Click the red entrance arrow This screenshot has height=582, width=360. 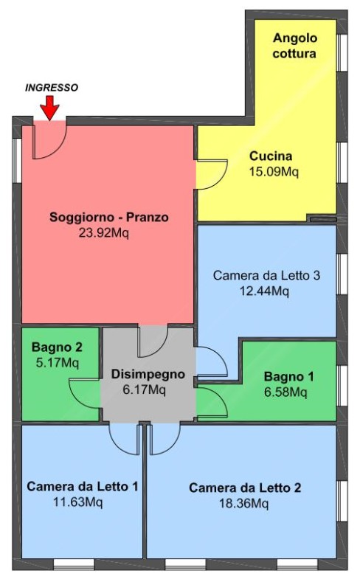tap(49, 108)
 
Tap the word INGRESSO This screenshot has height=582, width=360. tap(52, 88)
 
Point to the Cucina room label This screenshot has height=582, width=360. tap(271, 156)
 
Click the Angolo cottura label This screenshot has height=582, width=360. tap(294, 46)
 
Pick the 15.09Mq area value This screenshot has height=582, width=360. tap(274, 171)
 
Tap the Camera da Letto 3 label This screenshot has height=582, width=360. tap(266, 275)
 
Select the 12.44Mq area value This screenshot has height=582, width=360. tap(264, 291)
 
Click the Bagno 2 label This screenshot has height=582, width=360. tap(57, 347)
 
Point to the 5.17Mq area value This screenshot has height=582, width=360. tap(58, 362)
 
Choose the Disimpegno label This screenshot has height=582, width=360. tap(148, 374)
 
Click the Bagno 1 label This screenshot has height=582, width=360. tap(288, 376)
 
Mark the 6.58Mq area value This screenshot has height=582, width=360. tap(285, 392)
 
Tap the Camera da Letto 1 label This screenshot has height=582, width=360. tap(83, 486)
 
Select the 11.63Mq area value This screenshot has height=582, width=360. tap(78, 502)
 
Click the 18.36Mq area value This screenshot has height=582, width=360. tap(244, 503)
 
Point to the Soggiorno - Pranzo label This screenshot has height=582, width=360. tap(109, 217)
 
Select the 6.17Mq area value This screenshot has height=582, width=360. tap(145, 389)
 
